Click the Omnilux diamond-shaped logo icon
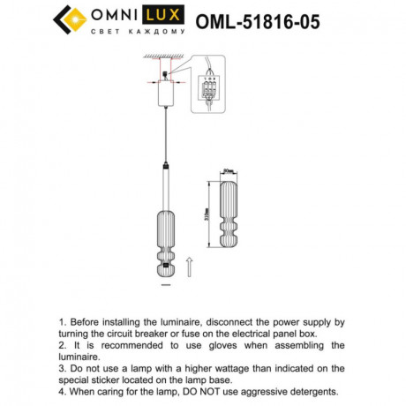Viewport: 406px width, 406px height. click(71, 20)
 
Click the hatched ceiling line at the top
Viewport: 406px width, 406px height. click(164, 56)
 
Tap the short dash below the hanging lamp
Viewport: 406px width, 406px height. click(163, 286)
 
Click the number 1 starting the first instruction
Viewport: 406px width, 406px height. click(61, 324)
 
